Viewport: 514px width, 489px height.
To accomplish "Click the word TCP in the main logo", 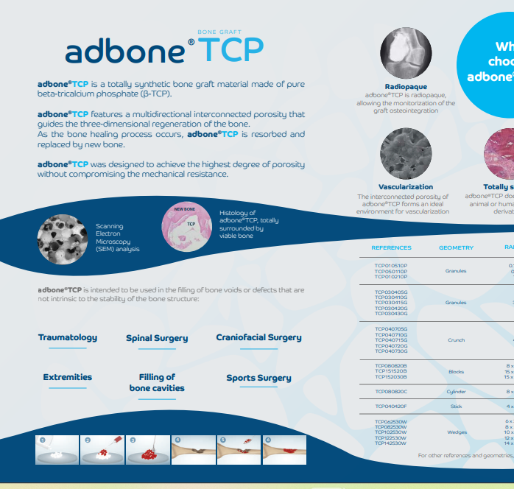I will (230, 50).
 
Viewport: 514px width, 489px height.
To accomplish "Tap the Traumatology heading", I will (68, 337).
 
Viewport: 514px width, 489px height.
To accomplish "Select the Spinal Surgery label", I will (157, 338).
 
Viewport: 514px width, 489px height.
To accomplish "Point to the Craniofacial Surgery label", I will (258, 337).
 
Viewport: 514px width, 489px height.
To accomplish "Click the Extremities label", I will (68, 377).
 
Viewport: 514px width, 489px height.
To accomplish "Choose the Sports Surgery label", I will (258, 378).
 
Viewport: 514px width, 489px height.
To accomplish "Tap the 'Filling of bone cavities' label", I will (157, 382).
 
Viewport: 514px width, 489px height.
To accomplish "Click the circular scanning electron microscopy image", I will (63, 237).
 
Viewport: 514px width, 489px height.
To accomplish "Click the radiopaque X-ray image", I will (405, 57).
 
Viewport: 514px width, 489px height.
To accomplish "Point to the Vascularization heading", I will (406, 187).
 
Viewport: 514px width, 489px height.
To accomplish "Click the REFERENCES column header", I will (391, 247).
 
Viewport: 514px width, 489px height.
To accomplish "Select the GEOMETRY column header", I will (456, 247).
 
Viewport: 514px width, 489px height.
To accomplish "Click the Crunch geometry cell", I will (456, 340).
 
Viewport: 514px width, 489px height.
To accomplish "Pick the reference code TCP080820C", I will (391, 391).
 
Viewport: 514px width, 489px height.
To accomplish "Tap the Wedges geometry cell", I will (457, 432).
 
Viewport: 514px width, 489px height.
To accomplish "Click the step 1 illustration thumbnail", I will (57, 450).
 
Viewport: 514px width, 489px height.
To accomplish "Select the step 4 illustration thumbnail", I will (193, 450).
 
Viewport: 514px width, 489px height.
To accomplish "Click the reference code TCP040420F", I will (391, 406).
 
